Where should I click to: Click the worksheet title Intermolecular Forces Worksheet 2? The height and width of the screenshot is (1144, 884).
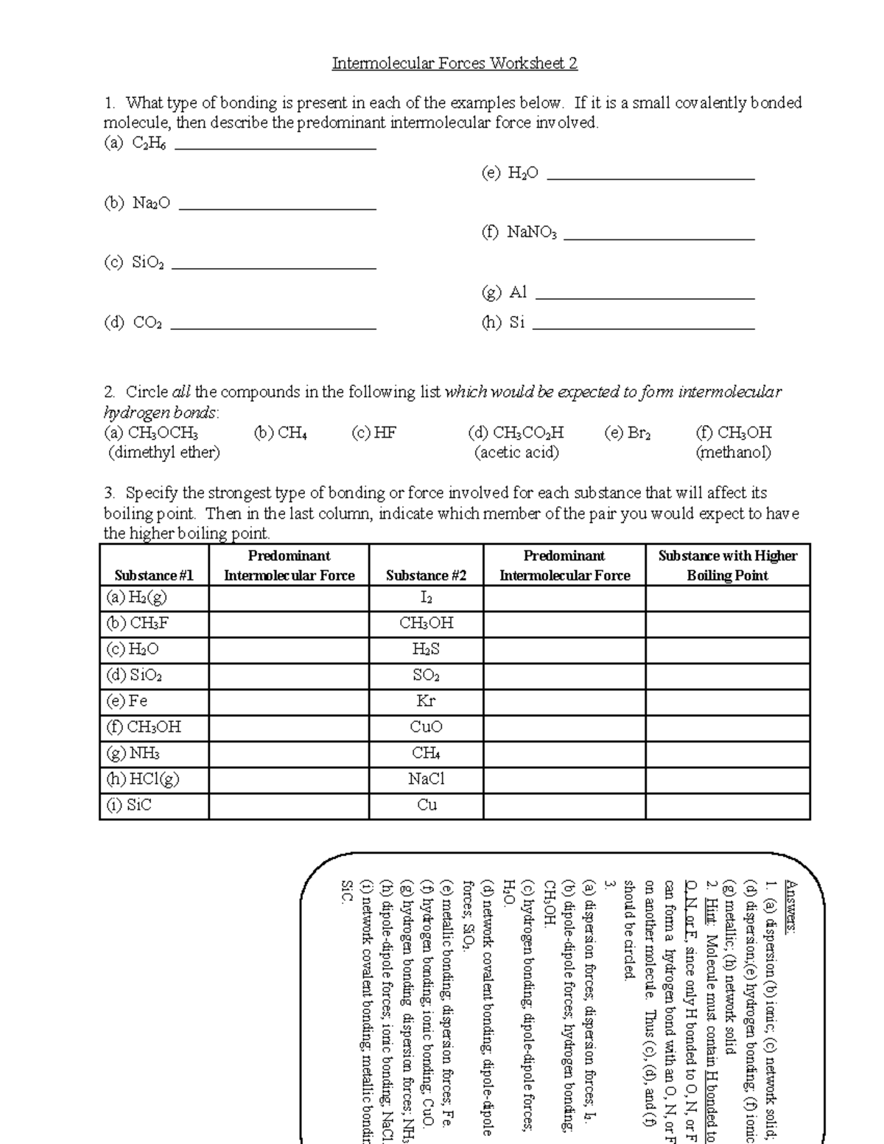click(x=455, y=63)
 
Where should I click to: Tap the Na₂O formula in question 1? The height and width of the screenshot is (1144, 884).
click(x=151, y=203)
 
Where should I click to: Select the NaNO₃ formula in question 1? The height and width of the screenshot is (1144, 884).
click(x=531, y=234)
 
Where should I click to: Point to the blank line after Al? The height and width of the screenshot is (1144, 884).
click(x=645, y=298)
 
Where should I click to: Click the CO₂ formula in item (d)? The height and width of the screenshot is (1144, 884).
click(x=147, y=323)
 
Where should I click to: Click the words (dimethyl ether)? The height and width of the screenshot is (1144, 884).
click(x=164, y=452)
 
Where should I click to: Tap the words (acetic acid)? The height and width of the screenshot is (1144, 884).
click(x=516, y=452)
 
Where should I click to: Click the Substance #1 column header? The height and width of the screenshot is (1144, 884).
click(x=154, y=575)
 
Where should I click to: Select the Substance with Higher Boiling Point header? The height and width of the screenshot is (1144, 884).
click(x=727, y=566)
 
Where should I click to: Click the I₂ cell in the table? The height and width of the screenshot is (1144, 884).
click(x=426, y=597)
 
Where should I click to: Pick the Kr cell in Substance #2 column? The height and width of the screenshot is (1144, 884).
click(x=426, y=701)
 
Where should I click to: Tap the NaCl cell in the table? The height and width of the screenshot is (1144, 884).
click(x=426, y=779)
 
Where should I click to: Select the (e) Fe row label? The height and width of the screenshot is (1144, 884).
click(x=127, y=701)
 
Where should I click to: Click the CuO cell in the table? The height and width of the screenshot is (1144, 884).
click(x=426, y=728)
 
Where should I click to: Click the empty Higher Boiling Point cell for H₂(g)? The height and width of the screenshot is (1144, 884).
click(x=727, y=597)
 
